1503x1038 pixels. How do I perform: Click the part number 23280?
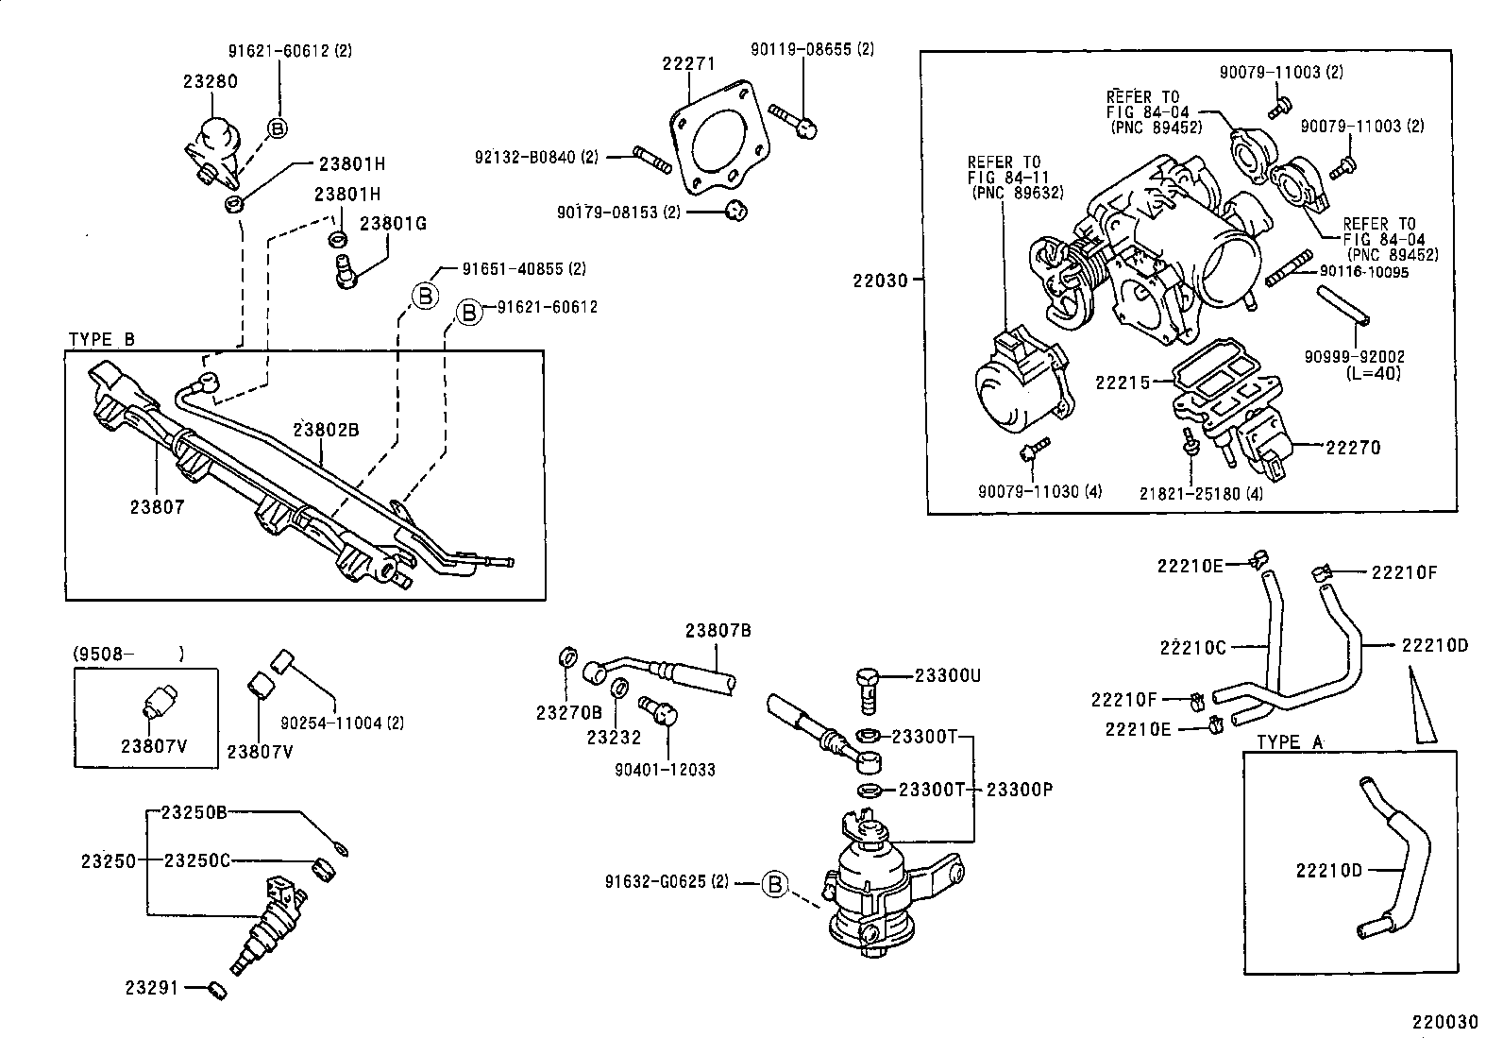click(x=210, y=81)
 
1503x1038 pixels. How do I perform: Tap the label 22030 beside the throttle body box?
click(x=880, y=281)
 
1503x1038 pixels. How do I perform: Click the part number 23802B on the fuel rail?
click(x=326, y=430)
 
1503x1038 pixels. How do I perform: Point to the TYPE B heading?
click(x=102, y=340)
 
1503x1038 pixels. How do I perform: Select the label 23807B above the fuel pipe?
click(x=718, y=630)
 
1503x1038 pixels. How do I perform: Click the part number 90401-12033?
click(x=664, y=770)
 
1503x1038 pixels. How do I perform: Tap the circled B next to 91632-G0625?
click(x=774, y=883)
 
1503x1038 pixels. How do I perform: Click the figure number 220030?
click(x=1444, y=1022)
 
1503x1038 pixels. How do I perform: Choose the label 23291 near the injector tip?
click(x=151, y=988)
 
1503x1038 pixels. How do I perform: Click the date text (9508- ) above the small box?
click(x=128, y=654)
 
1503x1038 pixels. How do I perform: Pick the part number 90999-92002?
click(x=1355, y=357)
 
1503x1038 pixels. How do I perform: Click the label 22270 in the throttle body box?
click(x=1353, y=448)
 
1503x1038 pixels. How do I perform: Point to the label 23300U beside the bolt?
click(x=948, y=675)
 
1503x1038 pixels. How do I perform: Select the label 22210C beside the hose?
click(x=1192, y=647)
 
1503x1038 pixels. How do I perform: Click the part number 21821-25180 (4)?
click(x=1201, y=493)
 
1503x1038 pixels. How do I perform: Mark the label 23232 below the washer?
click(x=614, y=738)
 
